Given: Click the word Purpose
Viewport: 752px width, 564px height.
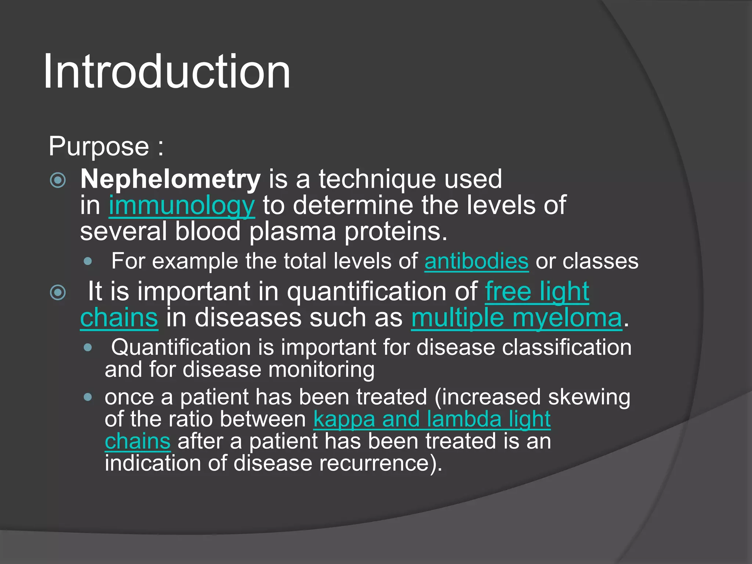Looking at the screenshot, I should pyautogui.click(x=98, y=147).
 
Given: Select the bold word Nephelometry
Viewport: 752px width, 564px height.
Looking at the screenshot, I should pyautogui.click(x=170, y=179).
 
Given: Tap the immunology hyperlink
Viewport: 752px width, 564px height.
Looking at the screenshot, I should pyautogui.click(x=182, y=206).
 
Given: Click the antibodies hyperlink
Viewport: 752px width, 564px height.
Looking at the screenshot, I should pyautogui.click(x=476, y=261).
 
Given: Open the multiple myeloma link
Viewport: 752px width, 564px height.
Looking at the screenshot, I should pyautogui.click(x=516, y=318).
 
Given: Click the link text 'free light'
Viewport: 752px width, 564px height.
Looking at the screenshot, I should pyautogui.click(x=537, y=292).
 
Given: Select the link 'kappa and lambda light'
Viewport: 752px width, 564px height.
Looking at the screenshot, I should pyautogui.click(x=432, y=419).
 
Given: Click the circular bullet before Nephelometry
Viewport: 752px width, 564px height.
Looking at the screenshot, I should pyautogui.click(x=58, y=180).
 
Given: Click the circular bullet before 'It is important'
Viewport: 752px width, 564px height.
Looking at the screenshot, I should pyautogui.click(x=58, y=292).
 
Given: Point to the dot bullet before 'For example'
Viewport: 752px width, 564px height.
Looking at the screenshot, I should pyautogui.click(x=87, y=262).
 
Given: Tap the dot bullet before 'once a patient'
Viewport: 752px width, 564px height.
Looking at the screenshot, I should pyautogui.click(x=87, y=397).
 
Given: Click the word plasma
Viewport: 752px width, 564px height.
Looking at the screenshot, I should pyautogui.click(x=292, y=232).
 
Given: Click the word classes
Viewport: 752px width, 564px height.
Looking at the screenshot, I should pyautogui.click(x=600, y=261).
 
